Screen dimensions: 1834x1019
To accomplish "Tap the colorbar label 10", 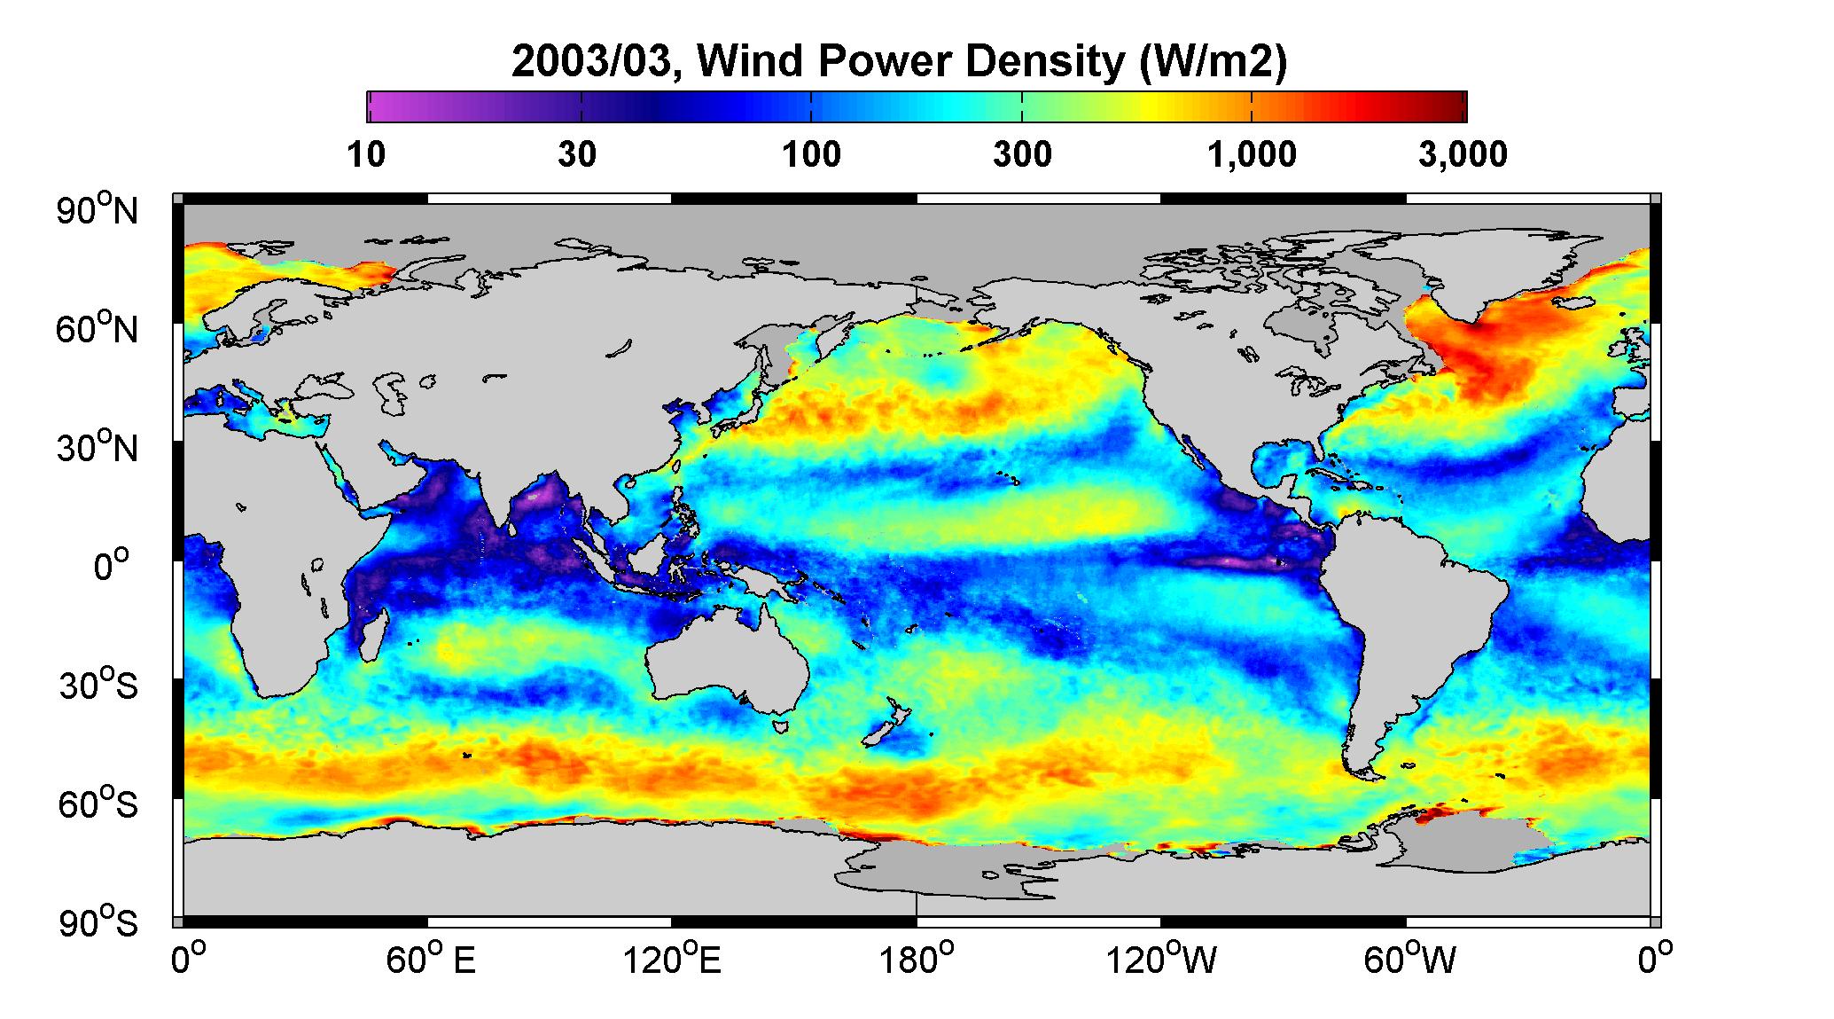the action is (366, 154).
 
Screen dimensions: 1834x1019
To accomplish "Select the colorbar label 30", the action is (577, 154).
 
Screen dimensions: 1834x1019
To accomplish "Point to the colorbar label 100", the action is (811, 154).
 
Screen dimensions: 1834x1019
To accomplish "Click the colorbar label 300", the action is (1022, 154).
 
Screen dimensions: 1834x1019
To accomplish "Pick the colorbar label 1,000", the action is (1252, 154).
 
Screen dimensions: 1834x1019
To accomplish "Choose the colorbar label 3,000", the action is (1463, 154).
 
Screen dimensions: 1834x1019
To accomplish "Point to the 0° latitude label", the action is (112, 566).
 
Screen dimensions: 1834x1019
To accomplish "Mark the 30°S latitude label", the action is (98, 685).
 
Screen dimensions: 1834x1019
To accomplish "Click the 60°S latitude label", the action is (98, 803).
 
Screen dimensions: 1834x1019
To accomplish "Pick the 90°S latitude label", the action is (98, 922).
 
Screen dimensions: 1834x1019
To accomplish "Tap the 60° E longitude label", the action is (430, 960).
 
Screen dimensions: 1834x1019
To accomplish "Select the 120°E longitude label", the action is (672, 960).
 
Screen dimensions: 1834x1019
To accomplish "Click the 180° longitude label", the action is (916, 960).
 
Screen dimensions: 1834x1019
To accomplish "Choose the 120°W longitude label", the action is (1162, 960).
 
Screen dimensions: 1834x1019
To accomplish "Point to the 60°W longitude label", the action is (1409, 960).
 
